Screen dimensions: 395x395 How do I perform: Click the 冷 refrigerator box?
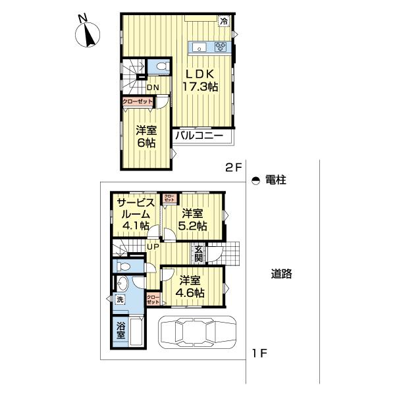coord(224,20)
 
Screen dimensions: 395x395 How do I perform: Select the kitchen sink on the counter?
coord(199,46)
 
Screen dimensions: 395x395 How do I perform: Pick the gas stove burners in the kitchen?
coord(221,46)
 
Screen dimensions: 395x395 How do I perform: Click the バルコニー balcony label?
coord(199,137)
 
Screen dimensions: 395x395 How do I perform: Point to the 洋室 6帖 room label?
coord(147,136)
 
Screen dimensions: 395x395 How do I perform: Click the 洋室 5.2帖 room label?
coord(194,219)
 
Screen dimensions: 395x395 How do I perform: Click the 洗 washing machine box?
coord(120,300)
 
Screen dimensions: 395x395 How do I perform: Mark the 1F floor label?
coord(258,354)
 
